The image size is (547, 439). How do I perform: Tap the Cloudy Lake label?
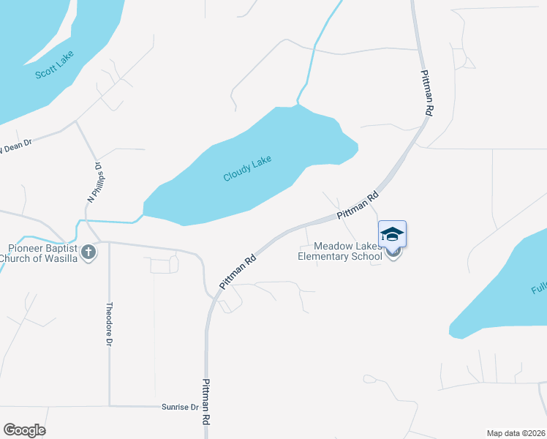point(247,168)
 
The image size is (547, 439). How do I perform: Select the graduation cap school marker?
point(392,235)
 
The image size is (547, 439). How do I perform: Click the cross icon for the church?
point(88,252)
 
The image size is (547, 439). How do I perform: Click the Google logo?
point(24,430)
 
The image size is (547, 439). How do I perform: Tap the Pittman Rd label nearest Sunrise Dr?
point(207,402)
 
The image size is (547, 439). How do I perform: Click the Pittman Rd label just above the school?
point(358,206)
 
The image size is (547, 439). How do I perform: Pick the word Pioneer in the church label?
point(21,247)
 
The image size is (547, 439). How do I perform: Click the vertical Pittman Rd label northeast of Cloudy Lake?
point(428,91)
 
